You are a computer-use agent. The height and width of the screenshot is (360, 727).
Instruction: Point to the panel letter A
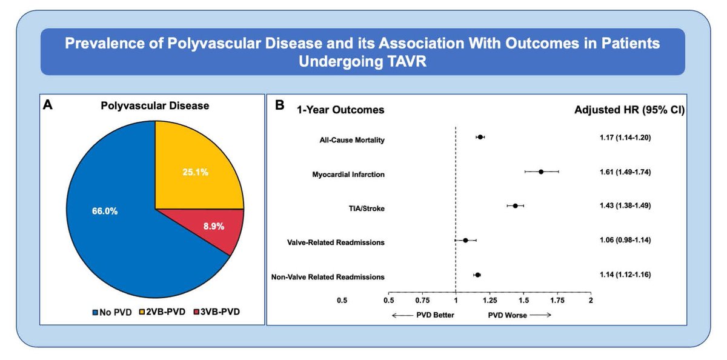48,105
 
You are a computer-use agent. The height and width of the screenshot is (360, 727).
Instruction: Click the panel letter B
280,105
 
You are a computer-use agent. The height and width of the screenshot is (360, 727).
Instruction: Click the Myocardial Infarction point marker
541,172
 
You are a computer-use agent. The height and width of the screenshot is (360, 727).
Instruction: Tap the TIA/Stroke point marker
515,206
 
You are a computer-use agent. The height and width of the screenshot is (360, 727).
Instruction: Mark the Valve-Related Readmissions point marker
465,240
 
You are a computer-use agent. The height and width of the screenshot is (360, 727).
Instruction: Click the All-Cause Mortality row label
352,141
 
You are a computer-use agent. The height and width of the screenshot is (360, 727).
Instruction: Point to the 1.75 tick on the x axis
557,299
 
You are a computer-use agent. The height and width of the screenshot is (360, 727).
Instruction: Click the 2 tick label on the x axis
590,299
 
